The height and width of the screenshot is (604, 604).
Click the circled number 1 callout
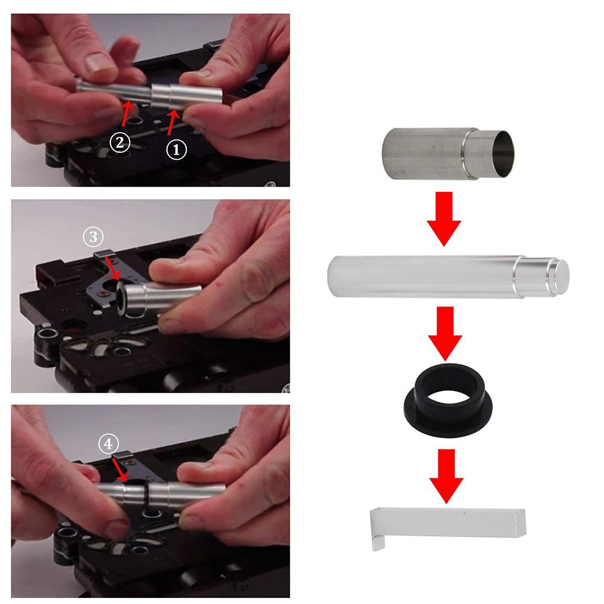(176, 150)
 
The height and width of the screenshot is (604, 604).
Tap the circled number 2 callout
(120, 142)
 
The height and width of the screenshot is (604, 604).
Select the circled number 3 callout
(94, 237)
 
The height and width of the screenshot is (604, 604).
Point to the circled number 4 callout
(108, 443)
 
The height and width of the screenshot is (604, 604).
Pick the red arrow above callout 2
(127, 113)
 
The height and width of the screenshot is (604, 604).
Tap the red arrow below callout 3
(113, 269)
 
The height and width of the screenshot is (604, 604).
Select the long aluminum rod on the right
(448, 276)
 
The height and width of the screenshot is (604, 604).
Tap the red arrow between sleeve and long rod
(444, 219)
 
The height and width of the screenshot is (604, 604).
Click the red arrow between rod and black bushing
(445, 334)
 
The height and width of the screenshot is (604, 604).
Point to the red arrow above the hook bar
(447, 476)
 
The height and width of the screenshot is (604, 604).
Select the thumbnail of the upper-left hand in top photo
(98, 62)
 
